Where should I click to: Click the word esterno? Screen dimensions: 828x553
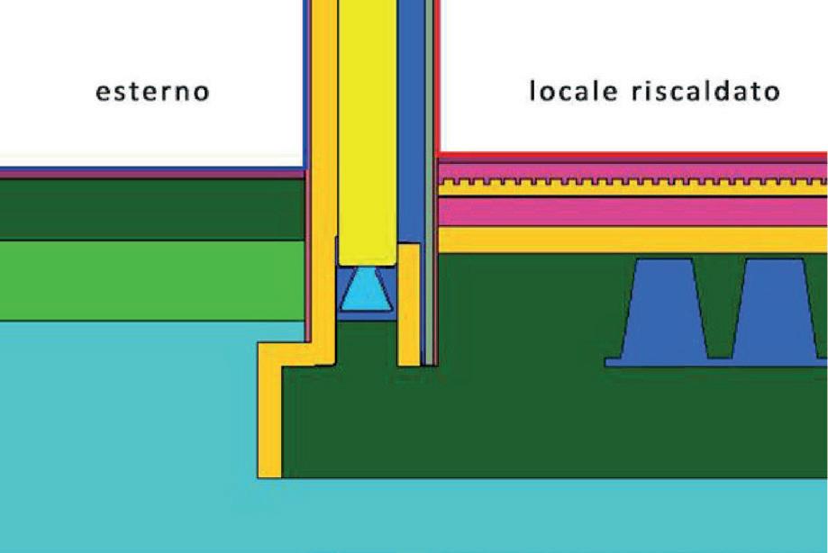tap(154, 92)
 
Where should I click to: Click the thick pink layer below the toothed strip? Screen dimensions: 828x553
tap(631, 211)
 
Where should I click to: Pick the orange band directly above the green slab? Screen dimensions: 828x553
tap(631, 240)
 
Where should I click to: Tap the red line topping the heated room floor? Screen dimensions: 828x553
tap(631, 155)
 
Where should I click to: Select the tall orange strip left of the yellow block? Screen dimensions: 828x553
tap(323, 180)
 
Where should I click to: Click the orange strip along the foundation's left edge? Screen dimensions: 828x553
tap(269, 414)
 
